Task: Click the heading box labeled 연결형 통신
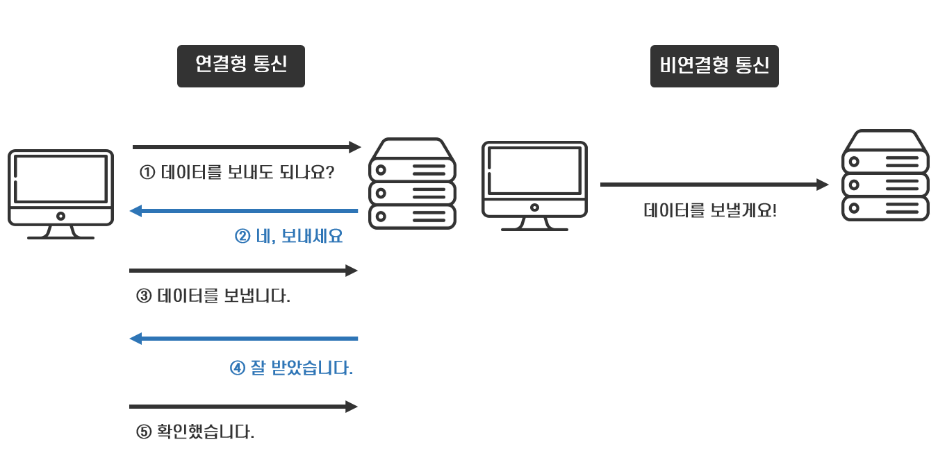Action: (240, 66)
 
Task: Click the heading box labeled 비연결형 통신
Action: (714, 66)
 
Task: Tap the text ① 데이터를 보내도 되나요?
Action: (237, 172)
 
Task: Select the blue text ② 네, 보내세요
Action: (289, 237)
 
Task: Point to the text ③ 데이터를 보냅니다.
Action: (213, 296)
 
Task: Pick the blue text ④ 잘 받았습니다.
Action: (291, 368)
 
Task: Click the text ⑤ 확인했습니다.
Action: (195, 432)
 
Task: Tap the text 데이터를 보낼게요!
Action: (710, 210)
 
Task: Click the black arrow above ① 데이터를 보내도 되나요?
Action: (247, 147)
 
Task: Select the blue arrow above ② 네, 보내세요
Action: (244, 211)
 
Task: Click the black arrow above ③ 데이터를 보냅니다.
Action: (243, 271)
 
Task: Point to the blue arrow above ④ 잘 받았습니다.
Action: (244, 339)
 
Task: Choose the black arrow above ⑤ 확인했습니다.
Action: (243, 407)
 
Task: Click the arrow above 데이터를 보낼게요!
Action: (714, 185)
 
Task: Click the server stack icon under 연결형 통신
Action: (412, 184)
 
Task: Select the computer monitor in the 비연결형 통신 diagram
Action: (534, 185)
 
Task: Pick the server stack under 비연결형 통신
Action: (885, 176)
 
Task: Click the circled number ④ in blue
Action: (238, 368)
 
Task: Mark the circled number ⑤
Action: (144, 432)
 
